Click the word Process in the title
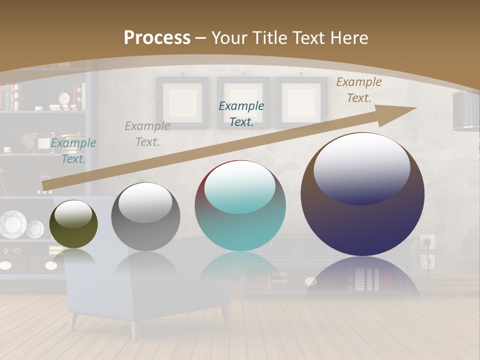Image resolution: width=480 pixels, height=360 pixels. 157,38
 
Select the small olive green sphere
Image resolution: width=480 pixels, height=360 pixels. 74,224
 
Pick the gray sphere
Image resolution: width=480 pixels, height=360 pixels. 145,216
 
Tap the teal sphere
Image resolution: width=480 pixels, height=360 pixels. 240,206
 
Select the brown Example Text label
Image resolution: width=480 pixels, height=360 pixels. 358,89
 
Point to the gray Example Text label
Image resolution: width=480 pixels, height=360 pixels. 147,133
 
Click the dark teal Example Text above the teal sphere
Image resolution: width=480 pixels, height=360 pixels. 241,113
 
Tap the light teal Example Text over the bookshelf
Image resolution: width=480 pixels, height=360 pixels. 73,150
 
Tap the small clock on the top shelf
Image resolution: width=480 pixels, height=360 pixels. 64,98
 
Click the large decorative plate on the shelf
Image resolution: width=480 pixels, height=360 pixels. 12,224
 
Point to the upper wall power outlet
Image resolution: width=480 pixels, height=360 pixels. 426,242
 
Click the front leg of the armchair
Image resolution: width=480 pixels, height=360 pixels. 133,330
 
